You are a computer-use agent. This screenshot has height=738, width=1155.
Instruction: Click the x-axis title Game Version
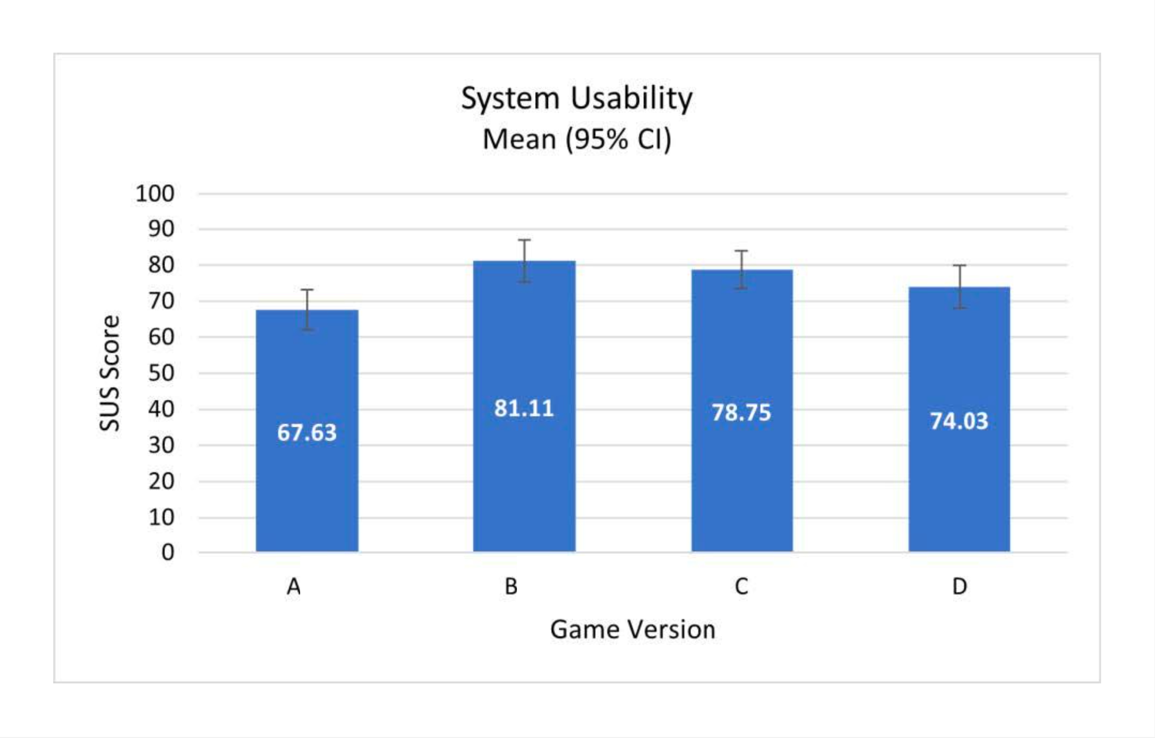click(x=633, y=630)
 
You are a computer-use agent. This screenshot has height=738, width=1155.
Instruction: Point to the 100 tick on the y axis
click(x=155, y=194)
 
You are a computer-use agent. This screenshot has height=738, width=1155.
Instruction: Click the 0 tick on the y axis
click(x=167, y=553)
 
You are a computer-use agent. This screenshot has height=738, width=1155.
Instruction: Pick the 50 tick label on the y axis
click(x=161, y=373)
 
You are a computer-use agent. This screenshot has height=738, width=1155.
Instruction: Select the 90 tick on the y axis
click(x=161, y=230)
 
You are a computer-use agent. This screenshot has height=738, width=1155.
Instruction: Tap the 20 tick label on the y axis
click(x=161, y=481)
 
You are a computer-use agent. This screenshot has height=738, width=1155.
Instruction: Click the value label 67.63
click(x=307, y=433)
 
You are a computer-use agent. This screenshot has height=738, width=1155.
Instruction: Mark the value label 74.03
click(x=959, y=421)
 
